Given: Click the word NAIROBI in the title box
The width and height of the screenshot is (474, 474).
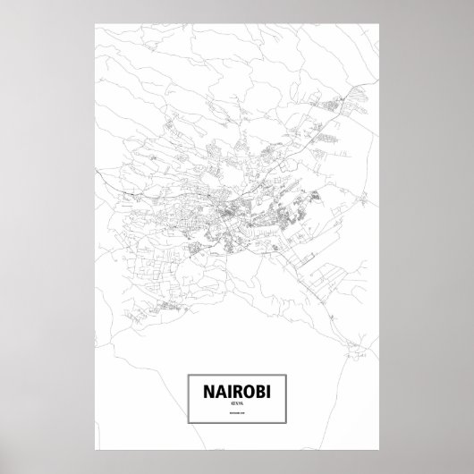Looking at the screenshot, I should point(236,390).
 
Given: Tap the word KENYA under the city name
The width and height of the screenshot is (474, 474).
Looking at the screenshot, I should point(236,405).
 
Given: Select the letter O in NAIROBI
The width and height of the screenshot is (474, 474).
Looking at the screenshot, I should point(248,390).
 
